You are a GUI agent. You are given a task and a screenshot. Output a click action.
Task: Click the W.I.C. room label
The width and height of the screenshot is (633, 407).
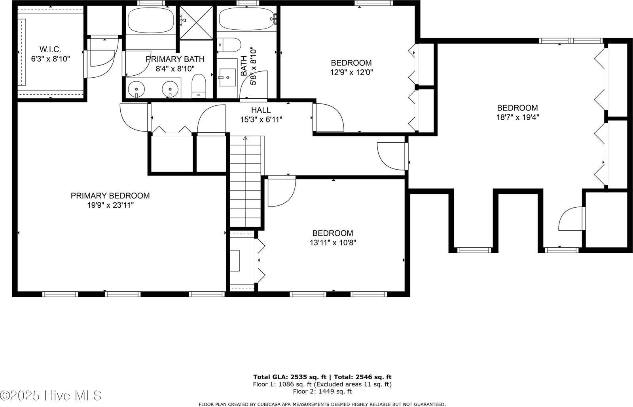click(50, 50)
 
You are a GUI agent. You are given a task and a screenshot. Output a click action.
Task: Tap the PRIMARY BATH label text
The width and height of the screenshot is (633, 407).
click(175, 59)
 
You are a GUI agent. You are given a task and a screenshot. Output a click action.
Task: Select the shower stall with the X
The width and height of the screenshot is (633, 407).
click(196, 22)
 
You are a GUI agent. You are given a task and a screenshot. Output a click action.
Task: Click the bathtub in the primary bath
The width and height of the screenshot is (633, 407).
click(151, 20)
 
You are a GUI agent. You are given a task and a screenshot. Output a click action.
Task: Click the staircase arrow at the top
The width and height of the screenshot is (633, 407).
click(245, 139)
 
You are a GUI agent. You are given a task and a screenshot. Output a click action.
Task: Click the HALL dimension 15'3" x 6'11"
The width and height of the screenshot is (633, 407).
click(261, 119)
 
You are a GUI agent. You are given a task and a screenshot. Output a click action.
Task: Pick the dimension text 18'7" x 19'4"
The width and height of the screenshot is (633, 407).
click(517, 117)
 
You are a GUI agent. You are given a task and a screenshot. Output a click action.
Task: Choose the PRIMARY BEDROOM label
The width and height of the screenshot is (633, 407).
click(110, 195)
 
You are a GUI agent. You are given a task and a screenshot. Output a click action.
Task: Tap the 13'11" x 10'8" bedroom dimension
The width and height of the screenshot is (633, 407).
click(333, 243)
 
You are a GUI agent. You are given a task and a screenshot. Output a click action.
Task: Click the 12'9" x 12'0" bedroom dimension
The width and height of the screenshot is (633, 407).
click(351, 72)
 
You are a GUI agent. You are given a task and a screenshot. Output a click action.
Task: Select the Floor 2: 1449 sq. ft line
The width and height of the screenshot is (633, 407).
click(322, 392)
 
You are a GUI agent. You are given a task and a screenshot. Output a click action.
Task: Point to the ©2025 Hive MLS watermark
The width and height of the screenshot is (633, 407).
click(51, 395)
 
